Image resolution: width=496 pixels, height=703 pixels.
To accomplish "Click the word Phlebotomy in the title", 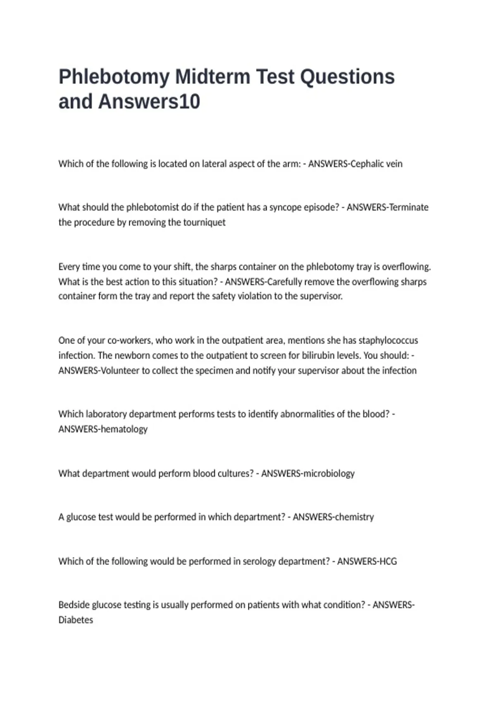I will [x=114, y=77].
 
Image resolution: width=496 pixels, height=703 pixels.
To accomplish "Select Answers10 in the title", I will [x=149, y=102].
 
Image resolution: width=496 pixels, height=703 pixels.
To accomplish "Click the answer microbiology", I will [x=329, y=473].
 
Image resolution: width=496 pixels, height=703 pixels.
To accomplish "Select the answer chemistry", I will [x=354, y=517].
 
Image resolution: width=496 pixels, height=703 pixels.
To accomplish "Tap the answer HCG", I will [x=388, y=561].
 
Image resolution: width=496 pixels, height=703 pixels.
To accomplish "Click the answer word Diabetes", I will [x=76, y=620].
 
